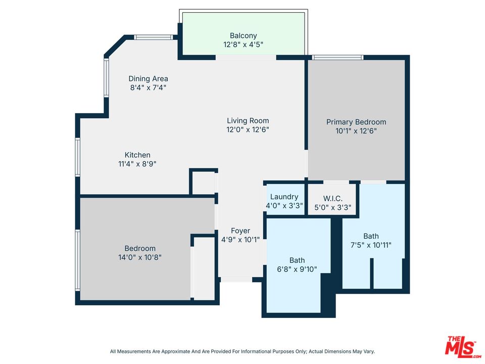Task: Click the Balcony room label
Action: (243, 35)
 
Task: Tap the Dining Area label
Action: (148, 78)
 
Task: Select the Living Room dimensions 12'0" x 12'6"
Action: (248, 129)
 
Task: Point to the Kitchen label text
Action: (137, 155)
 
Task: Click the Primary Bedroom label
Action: (356, 122)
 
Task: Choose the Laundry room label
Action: (284, 197)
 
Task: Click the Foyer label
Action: (240, 231)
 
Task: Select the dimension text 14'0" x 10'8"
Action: (140, 257)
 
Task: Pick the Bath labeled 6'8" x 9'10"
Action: (297, 260)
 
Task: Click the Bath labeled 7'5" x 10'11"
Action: (370, 236)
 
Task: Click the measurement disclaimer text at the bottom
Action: (243, 351)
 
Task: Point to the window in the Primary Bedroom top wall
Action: (337, 57)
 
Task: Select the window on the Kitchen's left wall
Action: (78, 157)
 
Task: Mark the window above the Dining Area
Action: (154, 37)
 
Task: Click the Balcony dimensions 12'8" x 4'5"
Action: (243, 44)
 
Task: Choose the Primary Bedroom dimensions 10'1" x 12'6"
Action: (356, 130)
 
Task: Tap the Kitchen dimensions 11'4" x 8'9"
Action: (137, 164)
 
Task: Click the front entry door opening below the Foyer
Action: (236, 279)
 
